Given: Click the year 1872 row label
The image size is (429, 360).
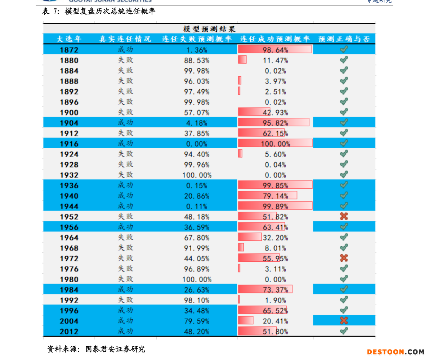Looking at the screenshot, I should click(x=69, y=50).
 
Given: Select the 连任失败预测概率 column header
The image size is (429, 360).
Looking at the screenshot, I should click(x=197, y=39).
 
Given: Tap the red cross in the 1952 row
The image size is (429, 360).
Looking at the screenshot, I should click(x=344, y=216).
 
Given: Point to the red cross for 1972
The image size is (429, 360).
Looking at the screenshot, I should click(x=344, y=258).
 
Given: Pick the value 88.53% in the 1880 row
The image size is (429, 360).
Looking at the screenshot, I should click(x=197, y=60).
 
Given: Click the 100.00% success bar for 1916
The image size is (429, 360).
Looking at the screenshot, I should click(x=275, y=144).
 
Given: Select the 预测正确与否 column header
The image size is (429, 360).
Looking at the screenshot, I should click(x=344, y=39).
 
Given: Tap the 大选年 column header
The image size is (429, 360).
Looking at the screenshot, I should click(x=69, y=39).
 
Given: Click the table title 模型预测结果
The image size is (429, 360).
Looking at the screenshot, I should click(x=209, y=29).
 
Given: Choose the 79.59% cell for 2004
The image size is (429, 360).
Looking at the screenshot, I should click(x=197, y=321).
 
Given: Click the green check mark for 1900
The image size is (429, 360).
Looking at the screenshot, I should click(x=344, y=112).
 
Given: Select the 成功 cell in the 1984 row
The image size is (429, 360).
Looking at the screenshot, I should click(x=125, y=289).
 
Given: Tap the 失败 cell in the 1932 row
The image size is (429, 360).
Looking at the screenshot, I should click(x=125, y=175).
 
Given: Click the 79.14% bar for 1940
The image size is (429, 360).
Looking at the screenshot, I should click(x=268, y=195).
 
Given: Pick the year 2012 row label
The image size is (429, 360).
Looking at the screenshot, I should click(x=69, y=331).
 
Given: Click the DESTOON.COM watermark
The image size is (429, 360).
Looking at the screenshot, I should click(x=396, y=352).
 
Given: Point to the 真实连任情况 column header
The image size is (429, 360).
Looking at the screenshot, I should click(x=125, y=39).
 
